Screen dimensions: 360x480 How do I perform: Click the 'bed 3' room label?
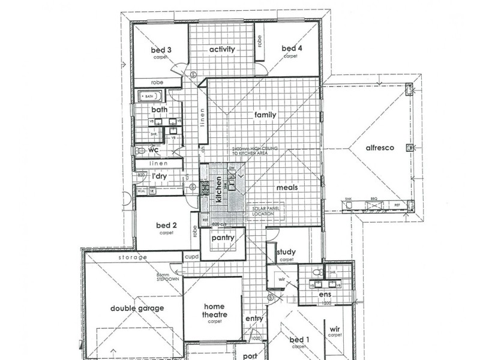(163, 50)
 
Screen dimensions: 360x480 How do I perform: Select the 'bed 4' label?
(291, 49)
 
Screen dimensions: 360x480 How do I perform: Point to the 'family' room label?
(265, 114)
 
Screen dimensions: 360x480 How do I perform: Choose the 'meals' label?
(287, 187)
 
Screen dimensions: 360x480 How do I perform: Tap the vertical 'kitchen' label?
(219, 188)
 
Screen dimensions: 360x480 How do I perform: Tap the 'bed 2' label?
(166, 226)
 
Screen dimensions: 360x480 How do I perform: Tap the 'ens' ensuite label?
(325, 295)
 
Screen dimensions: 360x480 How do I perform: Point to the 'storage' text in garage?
(134, 257)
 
